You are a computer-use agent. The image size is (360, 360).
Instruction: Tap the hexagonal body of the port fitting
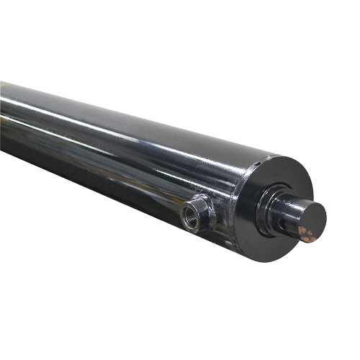coord(202,209)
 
